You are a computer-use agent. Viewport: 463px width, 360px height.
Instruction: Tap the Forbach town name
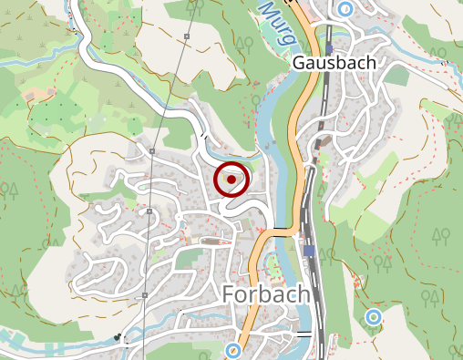click(x=266, y=295)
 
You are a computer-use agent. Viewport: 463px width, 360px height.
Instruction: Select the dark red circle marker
click(x=232, y=180)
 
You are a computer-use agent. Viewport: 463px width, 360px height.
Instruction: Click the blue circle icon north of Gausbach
click(x=345, y=9)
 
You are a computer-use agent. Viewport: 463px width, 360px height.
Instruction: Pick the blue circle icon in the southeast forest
click(x=373, y=317)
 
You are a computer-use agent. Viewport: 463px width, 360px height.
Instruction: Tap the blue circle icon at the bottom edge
click(x=233, y=350)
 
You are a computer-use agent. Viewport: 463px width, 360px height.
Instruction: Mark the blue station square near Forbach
click(x=310, y=251)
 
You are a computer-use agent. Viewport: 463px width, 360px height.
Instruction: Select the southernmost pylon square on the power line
click(x=144, y=296)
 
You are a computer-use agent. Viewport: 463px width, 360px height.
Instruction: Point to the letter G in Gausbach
click(x=300, y=64)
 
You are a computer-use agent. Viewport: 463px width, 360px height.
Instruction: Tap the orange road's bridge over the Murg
click(x=281, y=233)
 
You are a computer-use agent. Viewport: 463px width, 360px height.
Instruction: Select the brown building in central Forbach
click(x=215, y=242)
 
